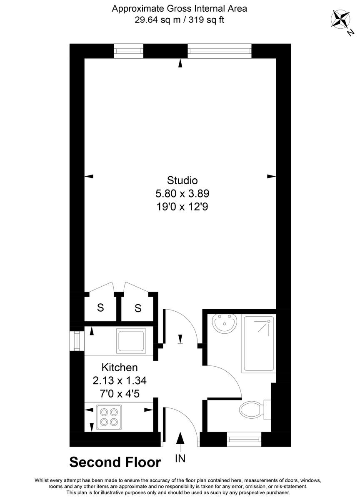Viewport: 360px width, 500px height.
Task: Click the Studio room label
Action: (x=182, y=180)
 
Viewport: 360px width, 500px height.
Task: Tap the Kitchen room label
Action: (x=120, y=367)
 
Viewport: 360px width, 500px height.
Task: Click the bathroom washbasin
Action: (x=225, y=324)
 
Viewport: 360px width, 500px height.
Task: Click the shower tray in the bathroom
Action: (x=259, y=344)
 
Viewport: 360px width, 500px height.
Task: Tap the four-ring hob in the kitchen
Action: (x=110, y=417)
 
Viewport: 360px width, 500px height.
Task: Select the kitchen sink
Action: (x=132, y=340)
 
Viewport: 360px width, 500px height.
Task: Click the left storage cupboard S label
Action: (x=100, y=308)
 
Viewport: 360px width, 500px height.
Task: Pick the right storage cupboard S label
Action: (x=138, y=309)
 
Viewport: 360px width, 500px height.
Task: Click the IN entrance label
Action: (x=180, y=459)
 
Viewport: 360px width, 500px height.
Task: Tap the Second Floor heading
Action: (x=115, y=462)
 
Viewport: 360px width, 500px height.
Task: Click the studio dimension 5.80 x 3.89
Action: (x=182, y=193)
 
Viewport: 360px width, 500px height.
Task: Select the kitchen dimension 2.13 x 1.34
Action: (x=120, y=380)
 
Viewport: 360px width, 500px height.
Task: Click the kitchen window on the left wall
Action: (x=77, y=341)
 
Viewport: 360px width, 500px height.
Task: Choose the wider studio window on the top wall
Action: (x=220, y=51)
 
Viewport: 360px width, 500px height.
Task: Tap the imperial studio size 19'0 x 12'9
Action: (x=182, y=206)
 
